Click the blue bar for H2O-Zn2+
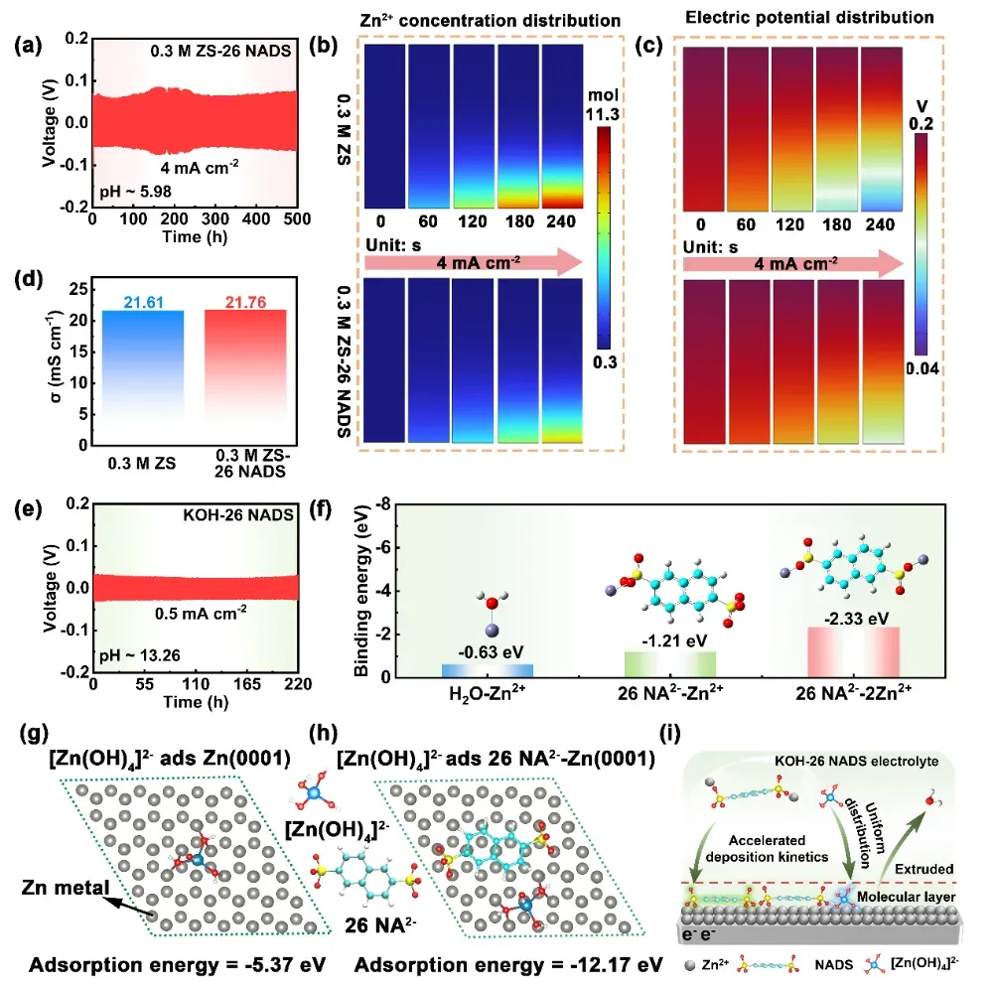tap(488, 670)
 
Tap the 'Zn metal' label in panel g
tap(70, 891)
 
